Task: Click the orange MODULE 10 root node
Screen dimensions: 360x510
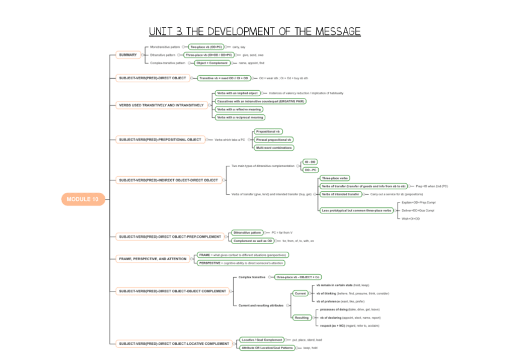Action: [x=83, y=200]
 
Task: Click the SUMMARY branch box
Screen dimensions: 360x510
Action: [x=127, y=55]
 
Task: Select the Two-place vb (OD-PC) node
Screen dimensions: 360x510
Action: [x=206, y=47]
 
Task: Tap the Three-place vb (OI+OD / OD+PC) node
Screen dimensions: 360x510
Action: [x=209, y=55]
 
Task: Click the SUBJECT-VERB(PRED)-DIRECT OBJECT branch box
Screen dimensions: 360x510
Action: [x=153, y=78]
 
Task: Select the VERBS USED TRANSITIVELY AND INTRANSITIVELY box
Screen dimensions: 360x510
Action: [x=161, y=105]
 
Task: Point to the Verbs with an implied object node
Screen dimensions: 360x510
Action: [x=237, y=93]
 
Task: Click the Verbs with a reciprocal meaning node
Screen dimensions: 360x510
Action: [x=239, y=117]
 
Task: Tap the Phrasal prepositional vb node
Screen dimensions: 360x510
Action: [x=274, y=139]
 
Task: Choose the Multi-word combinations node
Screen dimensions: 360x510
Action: [x=274, y=147]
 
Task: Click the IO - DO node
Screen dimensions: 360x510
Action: [x=310, y=162]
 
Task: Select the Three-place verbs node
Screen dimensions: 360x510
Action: [x=335, y=178]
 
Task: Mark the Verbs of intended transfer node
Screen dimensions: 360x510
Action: [x=341, y=194]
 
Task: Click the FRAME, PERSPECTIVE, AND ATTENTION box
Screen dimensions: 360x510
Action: [x=153, y=259]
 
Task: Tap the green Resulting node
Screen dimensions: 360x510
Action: [x=301, y=317]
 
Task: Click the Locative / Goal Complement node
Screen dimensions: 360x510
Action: [x=261, y=340]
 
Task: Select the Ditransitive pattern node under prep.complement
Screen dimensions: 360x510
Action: [x=248, y=233]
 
